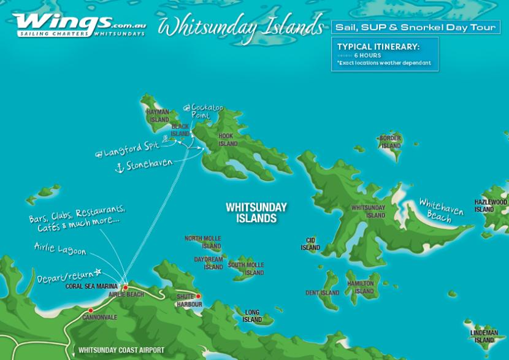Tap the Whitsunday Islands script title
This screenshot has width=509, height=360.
pyautogui.click(x=240, y=26)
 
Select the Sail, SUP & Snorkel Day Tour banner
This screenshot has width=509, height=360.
pyautogui.click(x=415, y=27)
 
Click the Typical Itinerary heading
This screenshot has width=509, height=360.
pyautogui.click(x=378, y=47)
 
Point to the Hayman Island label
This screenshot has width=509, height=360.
pyautogui.click(x=158, y=116)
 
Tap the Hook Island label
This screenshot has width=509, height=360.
pyautogui.click(x=228, y=140)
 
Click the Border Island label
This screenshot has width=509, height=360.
pyautogui.click(x=391, y=142)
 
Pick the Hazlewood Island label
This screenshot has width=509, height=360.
pyautogui.click(x=490, y=205)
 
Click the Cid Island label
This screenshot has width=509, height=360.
pyautogui.click(x=310, y=244)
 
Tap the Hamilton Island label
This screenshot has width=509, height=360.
pyautogui.click(x=361, y=287)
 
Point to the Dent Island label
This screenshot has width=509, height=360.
pyautogui.click(x=322, y=293)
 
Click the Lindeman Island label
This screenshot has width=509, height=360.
pyautogui.click(x=484, y=336)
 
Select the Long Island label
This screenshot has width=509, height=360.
pyautogui.click(x=252, y=316)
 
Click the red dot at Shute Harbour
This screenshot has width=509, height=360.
pyautogui.click(x=198, y=296)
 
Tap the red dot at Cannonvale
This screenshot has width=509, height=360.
pyautogui.click(x=91, y=310)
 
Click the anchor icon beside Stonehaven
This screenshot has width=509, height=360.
pyautogui.click(x=120, y=167)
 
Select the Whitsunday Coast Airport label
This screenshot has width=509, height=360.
pyautogui.click(x=121, y=351)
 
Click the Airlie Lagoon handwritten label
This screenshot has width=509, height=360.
pyautogui.click(x=60, y=248)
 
